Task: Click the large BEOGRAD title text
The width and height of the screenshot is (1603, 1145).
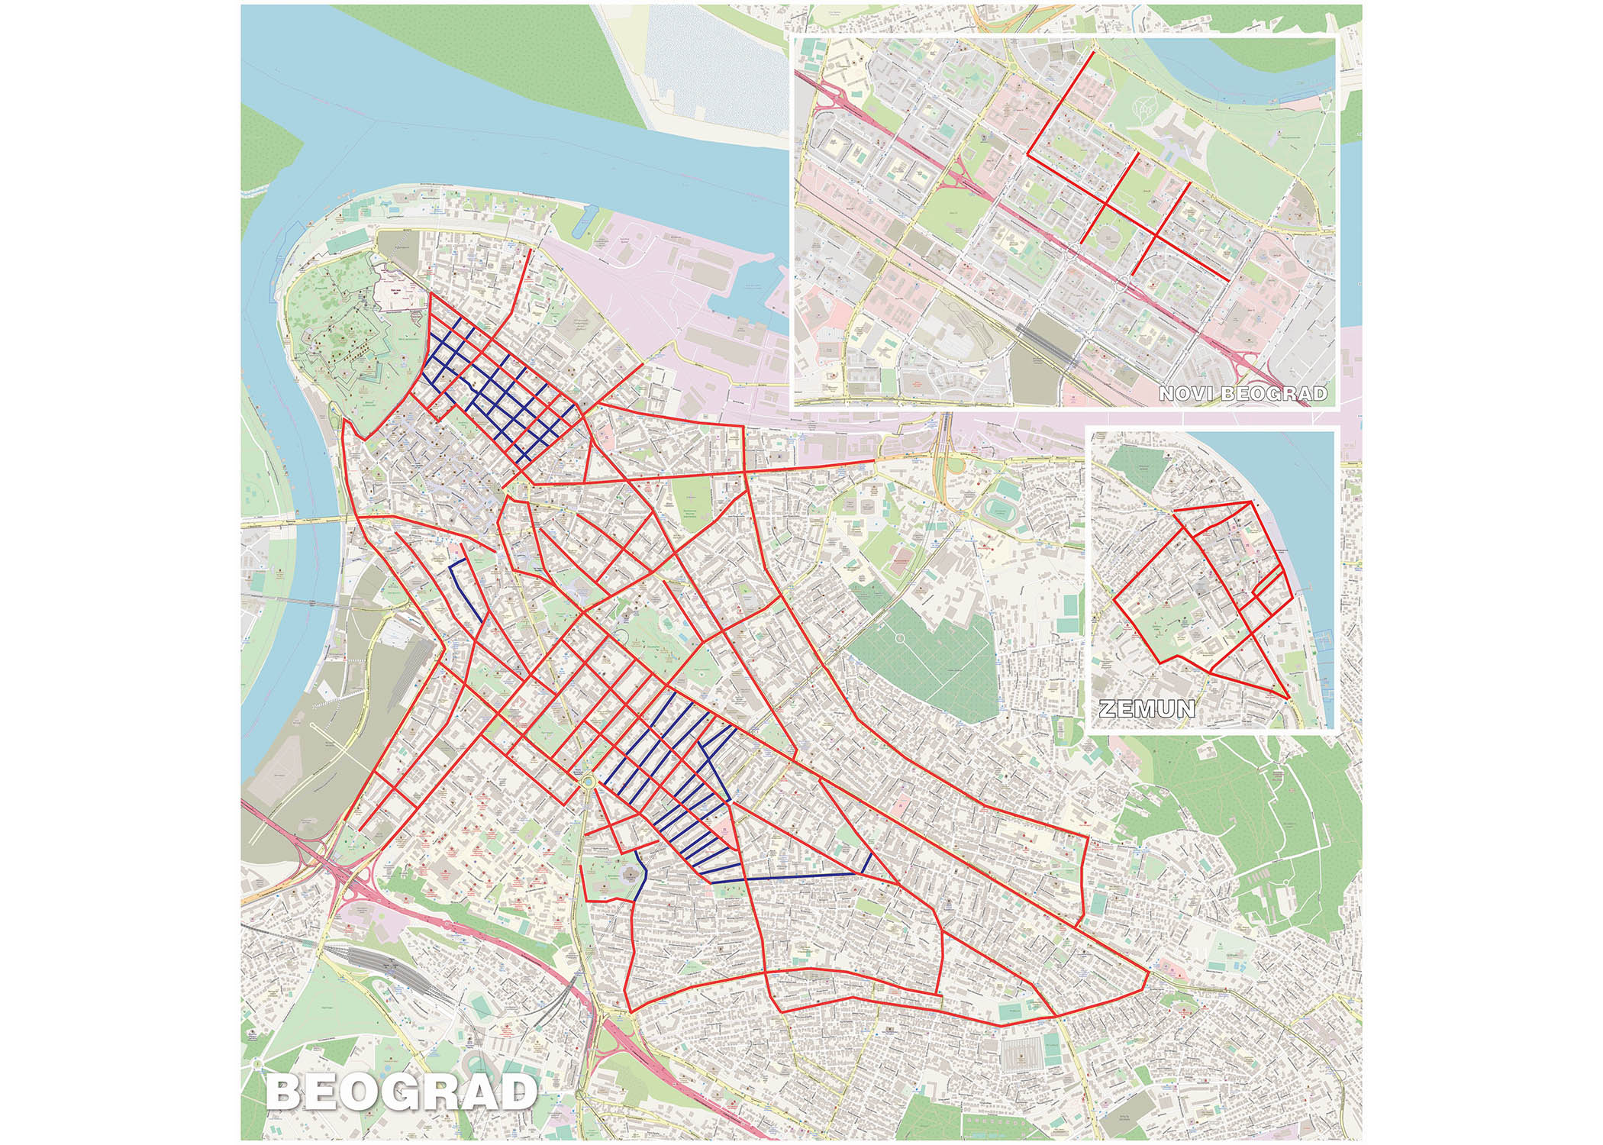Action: coord(401,1092)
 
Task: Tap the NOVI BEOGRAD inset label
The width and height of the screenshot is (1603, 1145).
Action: coord(1243,394)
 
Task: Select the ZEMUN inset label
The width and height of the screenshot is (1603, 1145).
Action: coord(1147,708)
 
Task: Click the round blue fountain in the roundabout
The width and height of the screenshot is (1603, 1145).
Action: coord(588,782)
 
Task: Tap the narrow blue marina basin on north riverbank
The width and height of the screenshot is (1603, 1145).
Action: coord(582,221)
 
